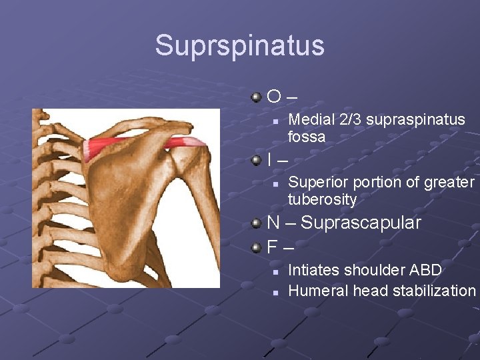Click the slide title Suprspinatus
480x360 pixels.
tap(239, 45)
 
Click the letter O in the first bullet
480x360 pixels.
tap(273, 98)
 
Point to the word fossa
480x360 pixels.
tap(307, 137)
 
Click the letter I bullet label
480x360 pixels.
tap(269, 160)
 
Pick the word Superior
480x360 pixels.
tap(317, 182)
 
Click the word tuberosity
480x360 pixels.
tap(322, 199)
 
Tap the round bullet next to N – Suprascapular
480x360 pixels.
tap(257, 223)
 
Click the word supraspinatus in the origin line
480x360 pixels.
tap(414, 120)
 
